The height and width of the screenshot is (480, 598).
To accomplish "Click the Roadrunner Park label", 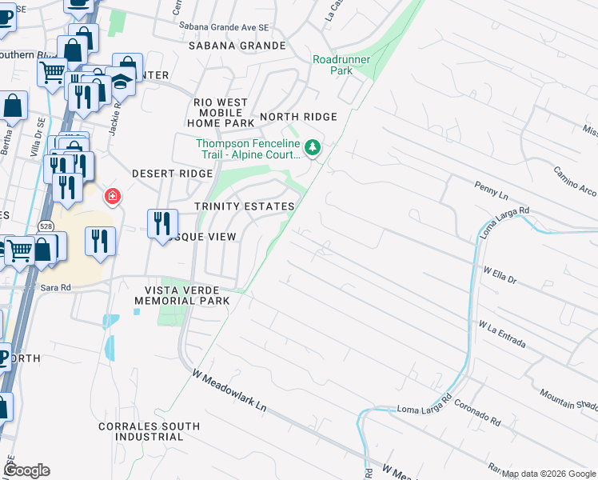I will click(333, 65).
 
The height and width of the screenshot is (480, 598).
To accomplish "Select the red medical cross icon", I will click(113, 196).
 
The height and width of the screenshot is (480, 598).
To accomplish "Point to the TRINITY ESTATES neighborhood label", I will click(245, 206).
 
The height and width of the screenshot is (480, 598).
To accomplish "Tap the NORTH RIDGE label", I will click(298, 117).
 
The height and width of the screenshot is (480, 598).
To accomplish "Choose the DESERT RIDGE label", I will click(172, 174).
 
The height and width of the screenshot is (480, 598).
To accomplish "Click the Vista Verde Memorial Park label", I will click(181, 294).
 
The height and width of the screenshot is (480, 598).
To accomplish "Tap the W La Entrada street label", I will click(501, 334).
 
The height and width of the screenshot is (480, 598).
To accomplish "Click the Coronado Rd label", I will click(478, 413).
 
